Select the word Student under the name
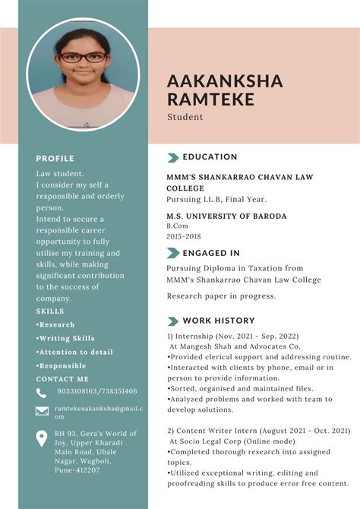point(185,117)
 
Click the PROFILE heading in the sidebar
point(55,159)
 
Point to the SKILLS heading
point(50,311)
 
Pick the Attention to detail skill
point(74,352)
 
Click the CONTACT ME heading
point(62,378)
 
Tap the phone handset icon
point(42,393)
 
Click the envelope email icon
point(42,411)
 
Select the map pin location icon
point(42,438)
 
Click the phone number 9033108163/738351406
point(97,391)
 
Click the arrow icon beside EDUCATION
point(172,157)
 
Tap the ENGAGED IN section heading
point(211,253)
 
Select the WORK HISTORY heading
point(219,321)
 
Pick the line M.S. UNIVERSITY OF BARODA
point(226,217)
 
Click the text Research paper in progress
point(221,296)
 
